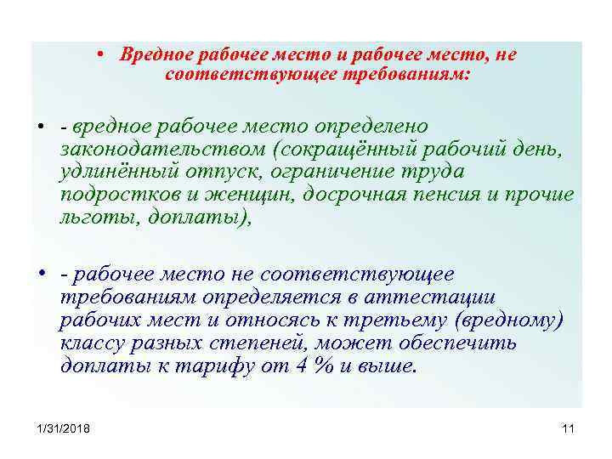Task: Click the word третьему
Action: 395,320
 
